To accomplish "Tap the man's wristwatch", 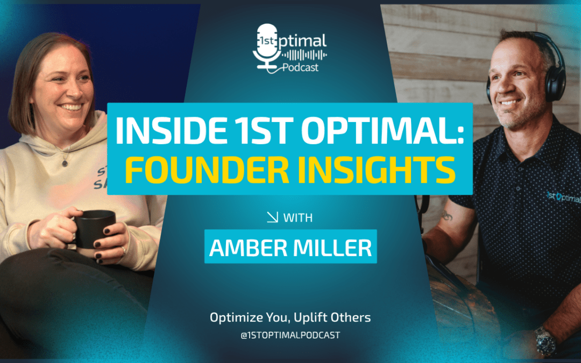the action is point(544,341).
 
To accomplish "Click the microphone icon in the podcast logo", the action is point(267,46).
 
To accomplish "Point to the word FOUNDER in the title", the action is point(207,170).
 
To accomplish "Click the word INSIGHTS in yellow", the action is point(375,170).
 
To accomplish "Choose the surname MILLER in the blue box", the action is point(332,247).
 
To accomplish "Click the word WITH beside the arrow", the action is point(298,218).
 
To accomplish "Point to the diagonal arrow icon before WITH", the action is point(272,217).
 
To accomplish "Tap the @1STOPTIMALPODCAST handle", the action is point(290,335).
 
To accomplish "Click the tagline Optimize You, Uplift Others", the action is point(290,317).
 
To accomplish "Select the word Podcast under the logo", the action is point(301,67).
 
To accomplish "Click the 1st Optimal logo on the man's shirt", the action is point(564,197).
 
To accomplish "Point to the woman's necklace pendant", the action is point(65,162).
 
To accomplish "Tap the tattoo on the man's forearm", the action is point(447,216).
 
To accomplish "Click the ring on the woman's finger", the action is point(123,251).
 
